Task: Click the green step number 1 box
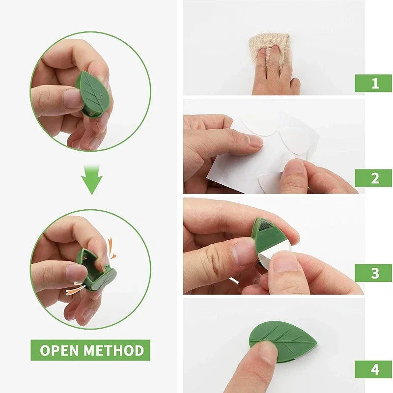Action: (x=373, y=83)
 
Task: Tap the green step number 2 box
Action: (x=373, y=178)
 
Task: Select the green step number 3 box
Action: (x=373, y=273)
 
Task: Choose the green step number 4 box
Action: (x=373, y=369)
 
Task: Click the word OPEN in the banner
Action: (x=59, y=350)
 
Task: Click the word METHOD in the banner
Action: (x=113, y=350)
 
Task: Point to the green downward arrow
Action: (x=92, y=180)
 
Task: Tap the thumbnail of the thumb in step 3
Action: (x=244, y=252)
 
